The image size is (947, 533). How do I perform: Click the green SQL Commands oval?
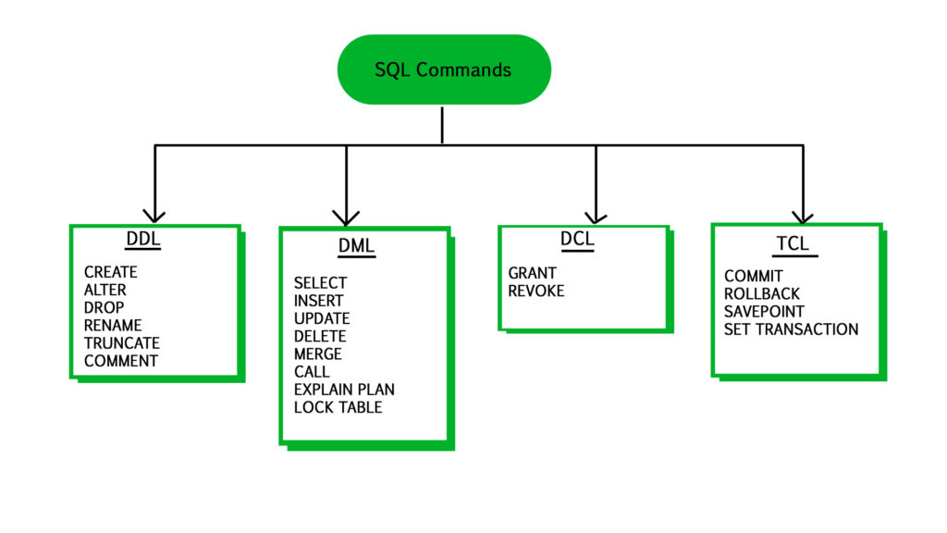[443, 69]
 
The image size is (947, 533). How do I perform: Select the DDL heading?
[143, 240]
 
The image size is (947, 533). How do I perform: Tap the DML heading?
[356, 246]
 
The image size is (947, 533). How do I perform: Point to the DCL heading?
[577, 240]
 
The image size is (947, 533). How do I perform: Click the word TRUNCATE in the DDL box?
[121, 343]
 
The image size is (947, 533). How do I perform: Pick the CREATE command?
[110, 272]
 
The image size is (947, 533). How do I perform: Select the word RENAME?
[113, 326]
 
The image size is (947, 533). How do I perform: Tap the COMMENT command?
[121, 361]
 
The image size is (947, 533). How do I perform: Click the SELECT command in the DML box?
[320, 283]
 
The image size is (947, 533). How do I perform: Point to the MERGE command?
[317, 354]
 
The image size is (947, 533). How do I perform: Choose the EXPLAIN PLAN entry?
[344, 390]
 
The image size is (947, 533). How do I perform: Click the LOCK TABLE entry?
[338, 407]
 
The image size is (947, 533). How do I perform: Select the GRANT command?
[532, 273]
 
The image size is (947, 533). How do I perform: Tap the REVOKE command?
[535, 291]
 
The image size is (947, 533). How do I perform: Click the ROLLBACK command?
[762, 294]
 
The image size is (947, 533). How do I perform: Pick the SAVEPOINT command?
[764, 312]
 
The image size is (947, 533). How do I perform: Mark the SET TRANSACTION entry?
[791, 329]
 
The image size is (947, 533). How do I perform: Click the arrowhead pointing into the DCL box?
[596, 217]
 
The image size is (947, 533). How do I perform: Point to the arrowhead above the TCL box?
[803, 215]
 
